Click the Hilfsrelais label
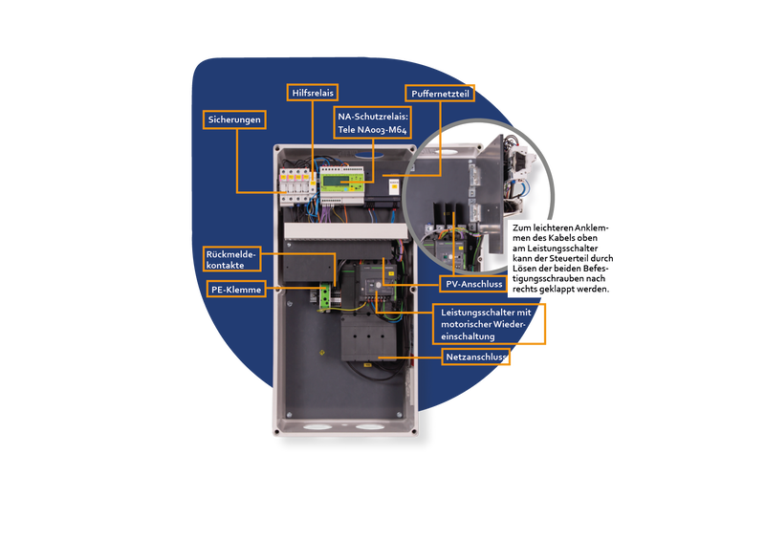[x=313, y=93]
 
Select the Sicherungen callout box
[x=234, y=119]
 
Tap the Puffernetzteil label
[x=440, y=94]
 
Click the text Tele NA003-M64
[x=372, y=130]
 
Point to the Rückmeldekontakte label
[x=231, y=259]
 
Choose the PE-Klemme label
[x=236, y=290]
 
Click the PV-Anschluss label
[x=473, y=284]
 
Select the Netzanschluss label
[x=475, y=357]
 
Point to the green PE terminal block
[x=325, y=297]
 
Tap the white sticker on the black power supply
[x=394, y=185]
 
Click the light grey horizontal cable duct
[x=345, y=231]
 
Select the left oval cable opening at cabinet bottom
[x=317, y=427]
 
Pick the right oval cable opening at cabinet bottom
[x=370, y=427]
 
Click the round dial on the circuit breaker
[x=378, y=285]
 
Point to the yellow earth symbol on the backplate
[x=321, y=352]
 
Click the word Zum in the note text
[x=521, y=227]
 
